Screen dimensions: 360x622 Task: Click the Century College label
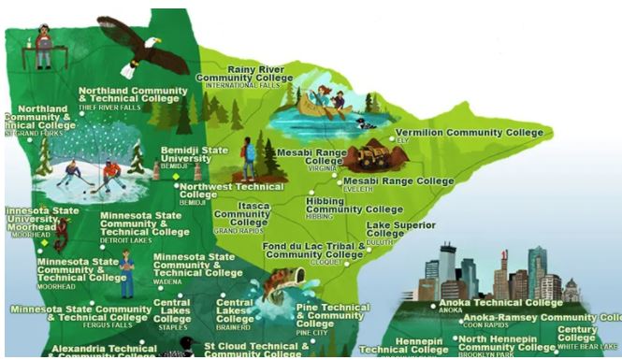click(577, 334)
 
